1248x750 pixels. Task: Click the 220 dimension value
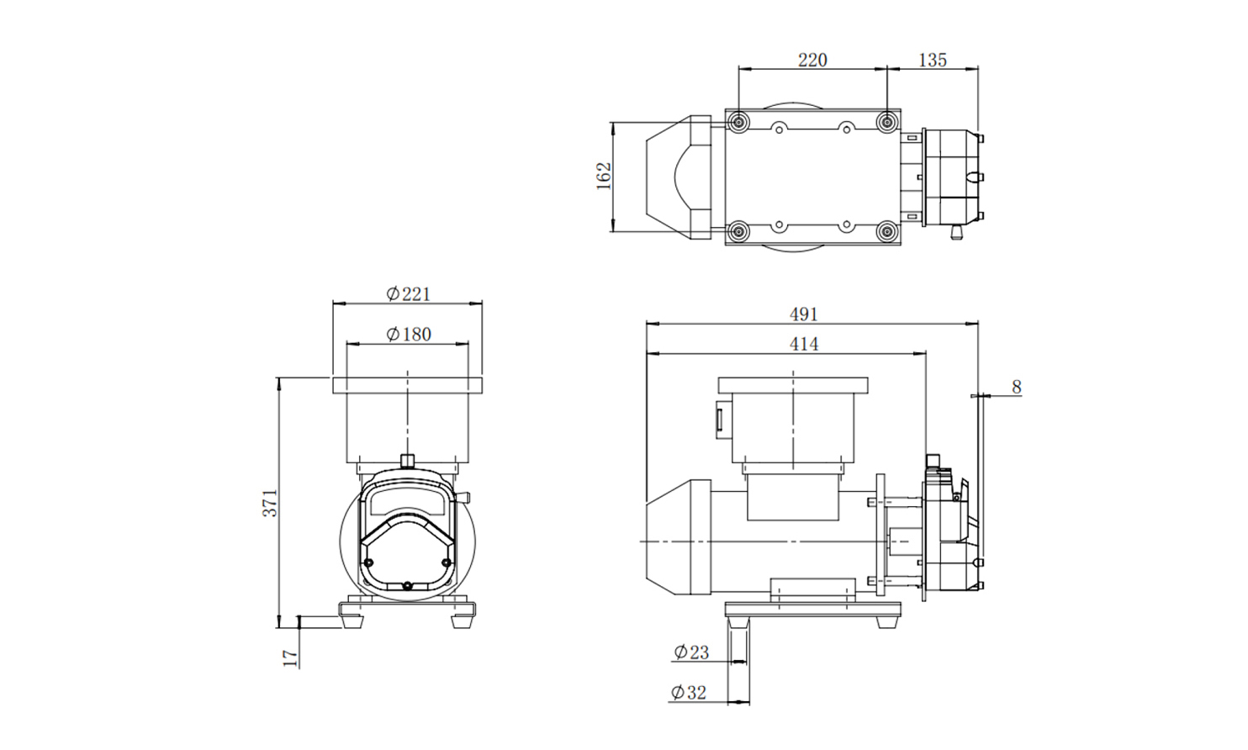click(x=812, y=61)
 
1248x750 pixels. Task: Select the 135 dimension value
click(x=932, y=61)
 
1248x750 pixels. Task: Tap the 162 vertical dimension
click(x=604, y=176)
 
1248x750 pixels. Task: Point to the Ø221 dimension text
click(x=409, y=293)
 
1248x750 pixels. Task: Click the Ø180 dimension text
click(x=409, y=335)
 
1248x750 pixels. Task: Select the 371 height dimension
click(x=270, y=503)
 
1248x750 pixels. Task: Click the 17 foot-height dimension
click(x=290, y=658)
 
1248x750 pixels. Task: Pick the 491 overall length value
click(x=803, y=314)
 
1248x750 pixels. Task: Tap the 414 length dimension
click(x=803, y=345)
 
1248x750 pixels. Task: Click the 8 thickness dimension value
click(x=1017, y=387)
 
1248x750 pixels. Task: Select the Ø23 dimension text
click(x=691, y=652)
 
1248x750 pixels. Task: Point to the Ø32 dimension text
click(x=690, y=693)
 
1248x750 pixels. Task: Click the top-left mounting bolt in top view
click(x=738, y=121)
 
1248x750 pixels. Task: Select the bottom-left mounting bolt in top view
click(x=738, y=231)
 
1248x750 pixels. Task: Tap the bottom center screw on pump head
click(x=407, y=586)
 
